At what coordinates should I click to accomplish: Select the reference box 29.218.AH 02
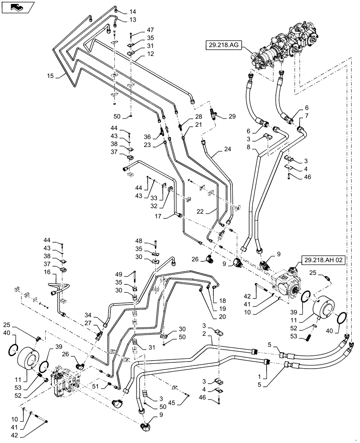323,260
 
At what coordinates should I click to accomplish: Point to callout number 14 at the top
121,12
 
